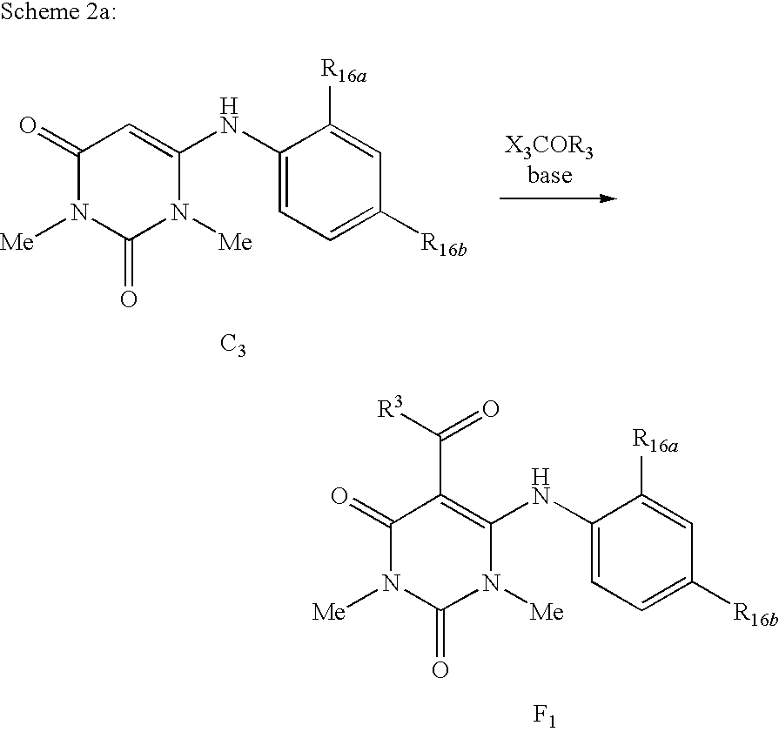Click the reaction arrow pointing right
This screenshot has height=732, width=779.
click(557, 199)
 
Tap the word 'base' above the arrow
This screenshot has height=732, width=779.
click(549, 175)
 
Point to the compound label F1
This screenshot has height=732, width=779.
click(544, 716)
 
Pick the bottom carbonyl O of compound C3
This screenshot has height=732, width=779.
click(128, 299)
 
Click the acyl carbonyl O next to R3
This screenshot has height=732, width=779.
click(490, 409)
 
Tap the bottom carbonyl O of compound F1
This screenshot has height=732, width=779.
click(440, 670)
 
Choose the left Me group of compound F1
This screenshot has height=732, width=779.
click(331, 613)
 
